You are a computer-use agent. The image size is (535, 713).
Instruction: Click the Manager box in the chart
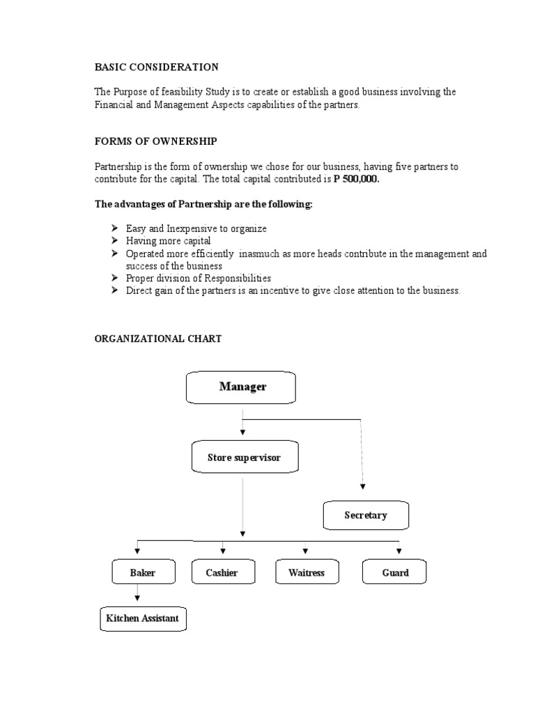pyautogui.click(x=241, y=387)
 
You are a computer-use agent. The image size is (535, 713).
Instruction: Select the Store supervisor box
pyautogui.click(x=244, y=457)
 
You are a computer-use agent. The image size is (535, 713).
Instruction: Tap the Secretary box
pyautogui.click(x=366, y=516)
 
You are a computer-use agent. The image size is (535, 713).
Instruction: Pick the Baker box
pyautogui.click(x=142, y=573)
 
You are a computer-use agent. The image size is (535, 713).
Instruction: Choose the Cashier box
pyautogui.click(x=222, y=573)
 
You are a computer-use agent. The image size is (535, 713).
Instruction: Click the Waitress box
pyautogui.click(x=306, y=573)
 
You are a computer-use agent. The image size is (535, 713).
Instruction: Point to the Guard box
pyautogui.click(x=395, y=573)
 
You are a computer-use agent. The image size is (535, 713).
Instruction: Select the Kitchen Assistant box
pyautogui.click(x=142, y=618)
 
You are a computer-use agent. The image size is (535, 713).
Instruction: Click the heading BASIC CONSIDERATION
pyautogui.click(x=156, y=67)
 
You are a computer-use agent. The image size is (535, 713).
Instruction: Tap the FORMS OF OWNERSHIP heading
pyautogui.click(x=156, y=141)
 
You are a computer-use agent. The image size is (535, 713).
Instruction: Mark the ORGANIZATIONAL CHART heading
pyautogui.click(x=158, y=338)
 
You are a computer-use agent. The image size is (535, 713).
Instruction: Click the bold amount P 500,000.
pyautogui.click(x=357, y=179)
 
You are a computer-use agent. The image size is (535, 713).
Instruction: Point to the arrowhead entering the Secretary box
pyautogui.click(x=363, y=487)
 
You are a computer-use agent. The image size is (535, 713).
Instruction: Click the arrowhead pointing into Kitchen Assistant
pyautogui.click(x=138, y=599)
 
